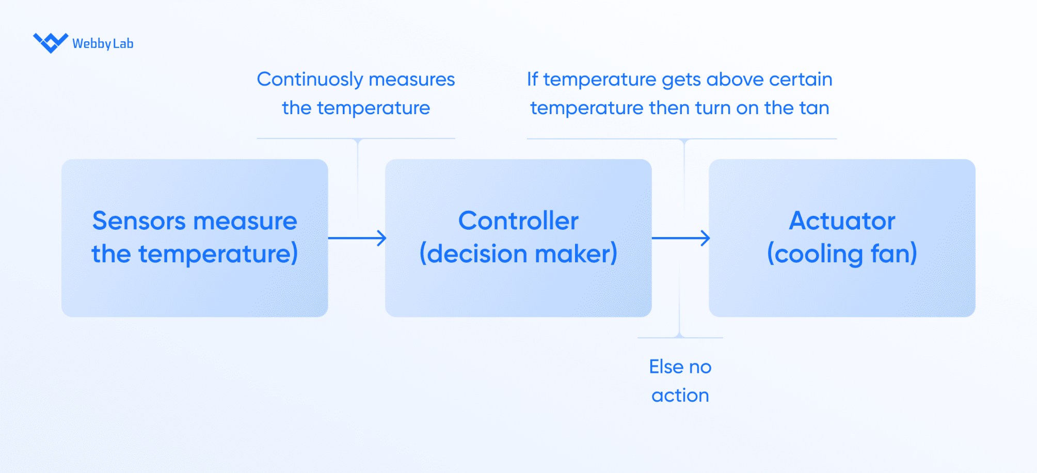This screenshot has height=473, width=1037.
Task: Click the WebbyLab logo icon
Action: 51,43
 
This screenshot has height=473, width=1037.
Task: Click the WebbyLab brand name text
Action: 103,44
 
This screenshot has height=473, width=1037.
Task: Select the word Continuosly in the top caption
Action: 310,80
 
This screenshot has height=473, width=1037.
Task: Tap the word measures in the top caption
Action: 412,80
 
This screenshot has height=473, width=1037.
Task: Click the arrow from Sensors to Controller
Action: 357,238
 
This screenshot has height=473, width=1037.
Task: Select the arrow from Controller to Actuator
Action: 681,238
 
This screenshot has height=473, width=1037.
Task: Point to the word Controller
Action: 518,220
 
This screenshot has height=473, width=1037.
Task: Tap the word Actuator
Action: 842,220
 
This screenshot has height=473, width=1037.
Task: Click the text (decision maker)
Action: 518,254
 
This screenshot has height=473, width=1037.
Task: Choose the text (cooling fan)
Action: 842,254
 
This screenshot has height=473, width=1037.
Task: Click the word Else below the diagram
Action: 666,367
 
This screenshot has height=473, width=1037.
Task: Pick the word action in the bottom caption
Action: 680,396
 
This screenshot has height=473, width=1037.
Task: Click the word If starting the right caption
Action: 532,79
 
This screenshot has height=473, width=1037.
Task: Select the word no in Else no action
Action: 700,368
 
